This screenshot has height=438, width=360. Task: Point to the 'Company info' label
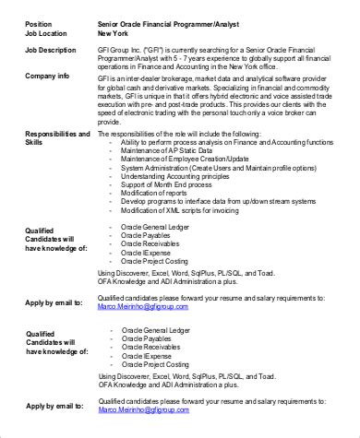click(x=49, y=77)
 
